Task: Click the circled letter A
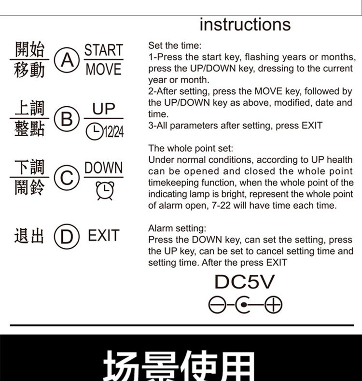pyautogui.click(x=67, y=60)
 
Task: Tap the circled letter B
pyautogui.click(x=67, y=119)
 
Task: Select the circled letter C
pyautogui.click(x=67, y=178)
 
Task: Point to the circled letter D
pyautogui.click(x=67, y=237)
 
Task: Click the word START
pyautogui.click(x=104, y=50)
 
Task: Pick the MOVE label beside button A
pyautogui.click(x=104, y=69)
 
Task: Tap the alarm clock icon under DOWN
pyautogui.click(x=105, y=191)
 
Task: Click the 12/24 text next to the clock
pyautogui.click(x=114, y=132)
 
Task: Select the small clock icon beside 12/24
pyautogui.click(x=95, y=131)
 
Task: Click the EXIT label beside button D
pyautogui.click(x=104, y=236)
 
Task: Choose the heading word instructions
pyautogui.click(x=245, y=25)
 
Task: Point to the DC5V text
pyautogui.click(x=245, y=282)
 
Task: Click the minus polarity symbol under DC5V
pyautogui.click(x=217, y=304)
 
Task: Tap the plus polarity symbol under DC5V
pyautogui.click(x=274, y=304)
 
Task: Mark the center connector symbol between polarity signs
pyautogui.click(x=244, y=304)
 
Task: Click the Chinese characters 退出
pyautogui.click(x=29, y=236)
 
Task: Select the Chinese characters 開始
pyautogui.click(x=29, y=49)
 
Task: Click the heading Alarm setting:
pyautogui.click(x=177, y=228)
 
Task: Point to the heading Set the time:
pyautogui.click(x=175, y=46)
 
